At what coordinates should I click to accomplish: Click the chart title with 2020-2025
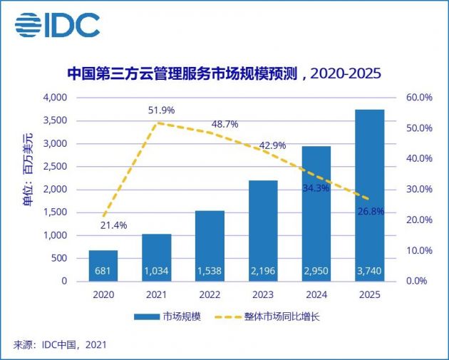(x=224, y=74)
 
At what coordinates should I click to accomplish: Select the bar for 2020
(x=103, y=265)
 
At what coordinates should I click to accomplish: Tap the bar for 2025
(x=369, y=195)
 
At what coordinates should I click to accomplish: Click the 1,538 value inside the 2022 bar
(x=210, y=271)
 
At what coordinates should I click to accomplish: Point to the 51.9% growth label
(x=160, y=110)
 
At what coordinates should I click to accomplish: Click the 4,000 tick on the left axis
(x=54, y=98)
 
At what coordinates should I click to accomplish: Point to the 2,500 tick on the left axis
(x=54, y=167)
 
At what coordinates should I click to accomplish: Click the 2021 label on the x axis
(x=157, y=294)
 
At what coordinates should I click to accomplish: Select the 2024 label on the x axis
(x=316, y=294)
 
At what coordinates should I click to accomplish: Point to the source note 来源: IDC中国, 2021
(x=61, y=346)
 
